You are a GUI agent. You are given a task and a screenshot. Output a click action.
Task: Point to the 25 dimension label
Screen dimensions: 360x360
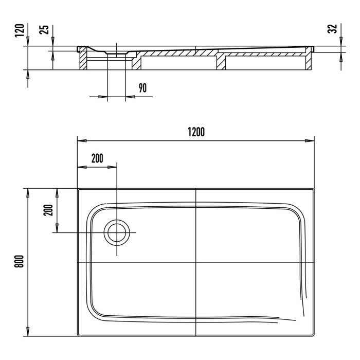tap(45, 30)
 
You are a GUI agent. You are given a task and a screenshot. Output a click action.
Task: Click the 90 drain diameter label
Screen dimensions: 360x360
tap(142, 87)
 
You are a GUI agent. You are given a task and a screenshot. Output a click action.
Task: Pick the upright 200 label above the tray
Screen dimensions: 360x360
tap(97, 158)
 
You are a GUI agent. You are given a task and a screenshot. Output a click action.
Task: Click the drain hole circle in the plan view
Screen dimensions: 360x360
tap(117, 232)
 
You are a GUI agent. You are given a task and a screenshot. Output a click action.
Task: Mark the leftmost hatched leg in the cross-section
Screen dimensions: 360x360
tap(82, 61)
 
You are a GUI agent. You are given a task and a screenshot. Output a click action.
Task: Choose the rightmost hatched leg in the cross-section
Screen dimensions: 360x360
tap(310, 61)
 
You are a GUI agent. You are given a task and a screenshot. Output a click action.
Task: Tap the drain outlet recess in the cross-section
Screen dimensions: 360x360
tap(116, 52)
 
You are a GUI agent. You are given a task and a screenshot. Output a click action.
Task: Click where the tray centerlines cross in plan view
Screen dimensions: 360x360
tap(196, 262)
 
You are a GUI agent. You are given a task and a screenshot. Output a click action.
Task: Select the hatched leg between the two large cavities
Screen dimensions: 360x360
tap(221, 62)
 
